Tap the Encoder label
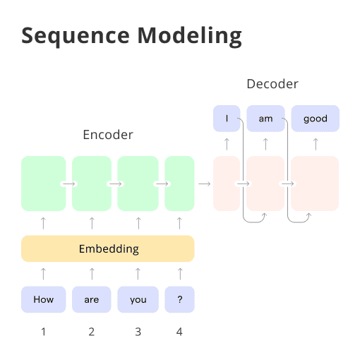108,134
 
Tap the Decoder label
272,84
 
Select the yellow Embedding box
108,248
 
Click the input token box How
43,299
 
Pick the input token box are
92,299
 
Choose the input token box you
138,299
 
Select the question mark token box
179,299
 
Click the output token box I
227,119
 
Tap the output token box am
265,119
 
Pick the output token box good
315,119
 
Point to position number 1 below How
43,331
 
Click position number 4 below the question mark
179,331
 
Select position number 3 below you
138,331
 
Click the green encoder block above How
43,184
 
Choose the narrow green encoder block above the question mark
179,184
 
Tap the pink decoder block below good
315,184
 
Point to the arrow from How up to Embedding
43,273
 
